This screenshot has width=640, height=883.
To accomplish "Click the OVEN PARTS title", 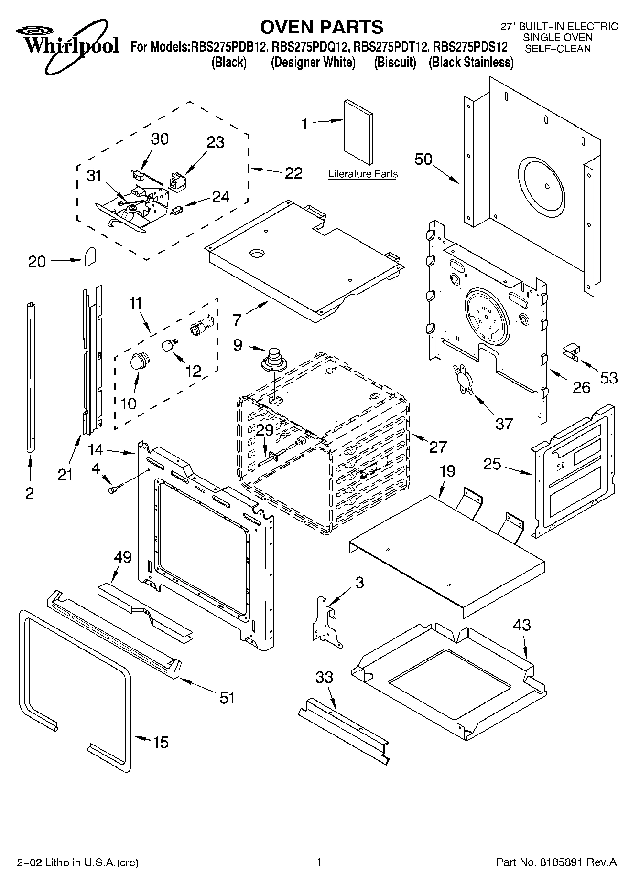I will point(323,27).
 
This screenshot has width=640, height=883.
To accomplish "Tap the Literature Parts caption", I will point(363,174).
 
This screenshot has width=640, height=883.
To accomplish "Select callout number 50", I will point(423,159).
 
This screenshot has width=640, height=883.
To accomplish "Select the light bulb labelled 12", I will point(168,345).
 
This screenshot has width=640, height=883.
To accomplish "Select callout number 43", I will point(521,625).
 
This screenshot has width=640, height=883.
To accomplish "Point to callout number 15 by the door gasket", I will point(161,742).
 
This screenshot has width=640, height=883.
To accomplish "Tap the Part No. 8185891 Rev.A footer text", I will point(556,862).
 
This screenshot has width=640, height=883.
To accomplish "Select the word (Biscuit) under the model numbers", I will point(395,63).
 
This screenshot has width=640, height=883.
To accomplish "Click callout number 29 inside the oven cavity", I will point(265,430).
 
